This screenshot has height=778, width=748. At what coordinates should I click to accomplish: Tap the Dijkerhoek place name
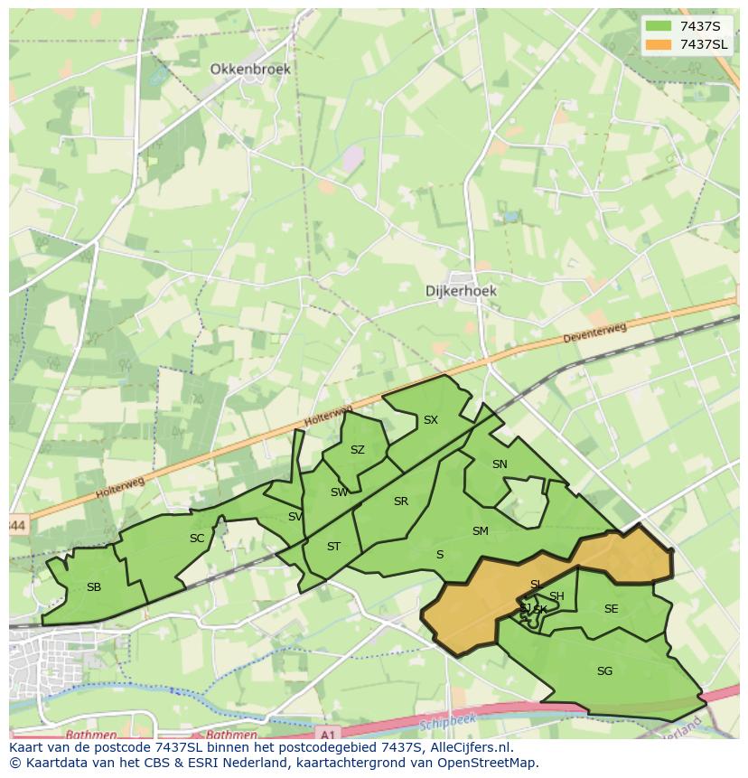(x=461, y=291)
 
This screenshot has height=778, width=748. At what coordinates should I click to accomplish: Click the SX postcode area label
(x=431, y=420)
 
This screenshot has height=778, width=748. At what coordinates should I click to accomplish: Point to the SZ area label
(x=358, y=450)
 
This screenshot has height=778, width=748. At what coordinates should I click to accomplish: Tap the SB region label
(x=94, y=587)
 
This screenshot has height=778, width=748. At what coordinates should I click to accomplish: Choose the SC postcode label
(x=197, y=539)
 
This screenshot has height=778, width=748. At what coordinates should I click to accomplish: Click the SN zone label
(x=500, y=464)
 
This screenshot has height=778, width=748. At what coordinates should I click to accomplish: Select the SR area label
(x=401, y=501)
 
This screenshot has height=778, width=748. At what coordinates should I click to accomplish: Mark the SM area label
(x=481, y=531)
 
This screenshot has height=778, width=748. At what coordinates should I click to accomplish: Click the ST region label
(x=333, y=547)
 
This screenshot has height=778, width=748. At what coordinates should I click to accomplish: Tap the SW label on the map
(x=339, y=492)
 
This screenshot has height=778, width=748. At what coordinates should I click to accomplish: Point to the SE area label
(x=612, y=609)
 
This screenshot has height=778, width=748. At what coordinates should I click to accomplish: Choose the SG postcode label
(x=605, y=671)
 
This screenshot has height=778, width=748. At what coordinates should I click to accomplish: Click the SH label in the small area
(x=556, y=596)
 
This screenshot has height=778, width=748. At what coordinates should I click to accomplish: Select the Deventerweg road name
(x=594, y=333)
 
